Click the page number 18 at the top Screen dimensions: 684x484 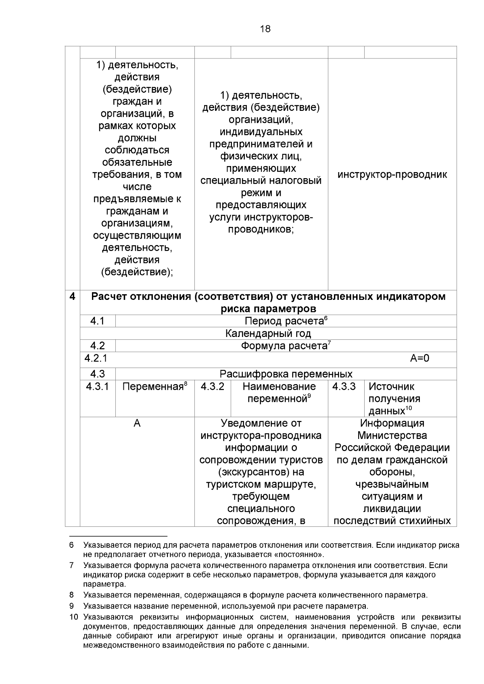pyautogui.click(x=265, y=29)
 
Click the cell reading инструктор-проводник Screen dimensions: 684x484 pyautogui.click(x=392, y=175)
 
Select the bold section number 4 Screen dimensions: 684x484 pyautogui.click(x=72, y=297)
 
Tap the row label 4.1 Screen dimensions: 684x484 pyautogui.click(x=97, y=321)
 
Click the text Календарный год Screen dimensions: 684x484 pyautogui.click(x=268, y=333)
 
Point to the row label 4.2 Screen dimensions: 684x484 pyautogui.click(x=97, y=346)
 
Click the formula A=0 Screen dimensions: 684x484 pyautogui.click(x=419, y=358)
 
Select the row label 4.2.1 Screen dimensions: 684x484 pyautogui.click(x=96, y=358)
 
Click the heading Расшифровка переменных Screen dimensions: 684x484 pyautogui.click(x=286, y=374)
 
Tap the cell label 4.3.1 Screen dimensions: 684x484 pyautogui.click(x=97, y=387)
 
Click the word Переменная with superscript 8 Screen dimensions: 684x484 pyautogui.click(x=153, y=387)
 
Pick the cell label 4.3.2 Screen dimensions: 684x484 pyautogui.click(x=212, y=387)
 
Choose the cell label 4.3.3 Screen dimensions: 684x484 pyautogui.click(x=344, y=387)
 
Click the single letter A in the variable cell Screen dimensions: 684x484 pyautogui.click(x=137, y=424)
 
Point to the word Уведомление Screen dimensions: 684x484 pyautogui.click(x=261, y=424)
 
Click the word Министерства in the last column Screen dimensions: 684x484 pyautogui.click(x=392, y=436)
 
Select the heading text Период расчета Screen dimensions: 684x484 pyautogui.click(x=284, y=321)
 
